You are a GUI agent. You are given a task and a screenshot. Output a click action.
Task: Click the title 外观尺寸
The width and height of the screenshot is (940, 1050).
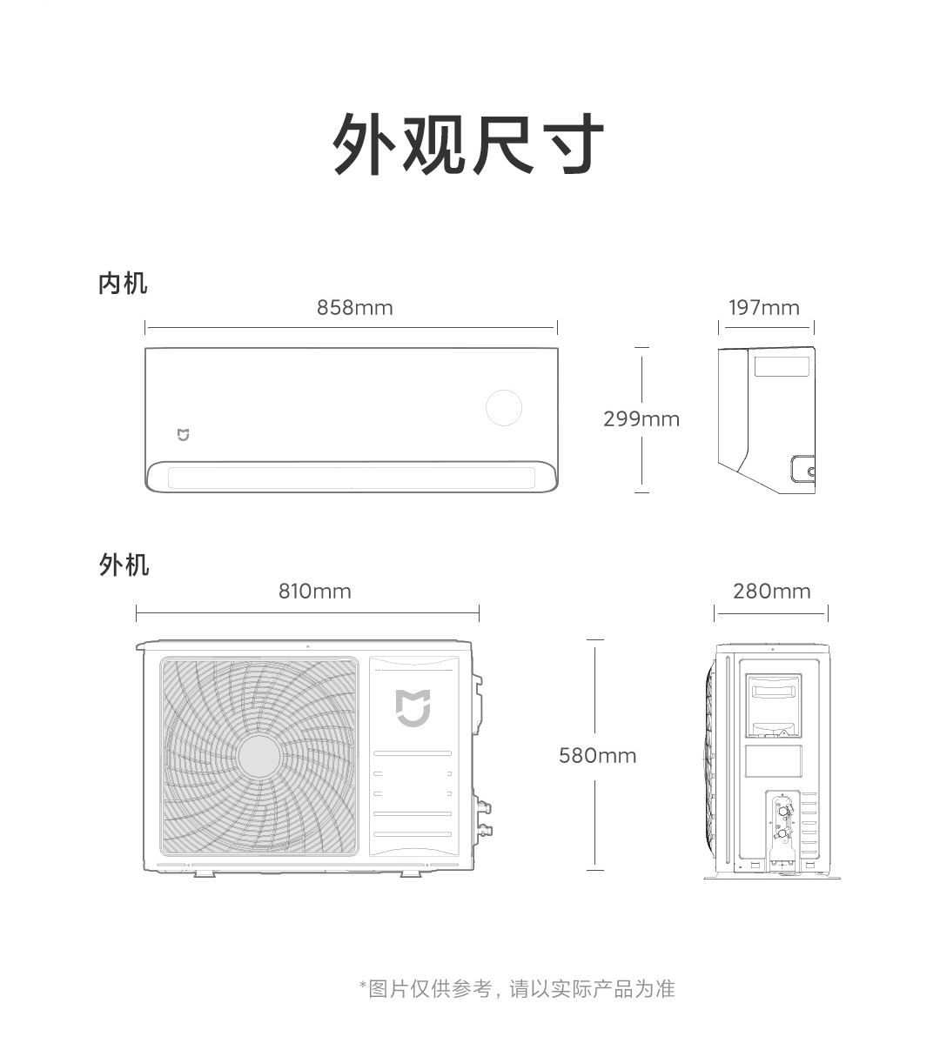468,144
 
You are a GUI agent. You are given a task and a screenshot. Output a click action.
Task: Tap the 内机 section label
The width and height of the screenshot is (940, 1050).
123,284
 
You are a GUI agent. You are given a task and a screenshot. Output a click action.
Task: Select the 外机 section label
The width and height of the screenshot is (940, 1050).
124,565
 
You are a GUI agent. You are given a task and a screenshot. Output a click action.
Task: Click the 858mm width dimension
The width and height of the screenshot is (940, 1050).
354,307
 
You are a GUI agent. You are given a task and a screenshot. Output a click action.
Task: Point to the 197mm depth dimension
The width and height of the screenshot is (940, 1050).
763,307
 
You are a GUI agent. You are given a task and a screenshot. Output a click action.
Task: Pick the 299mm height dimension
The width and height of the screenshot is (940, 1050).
641,418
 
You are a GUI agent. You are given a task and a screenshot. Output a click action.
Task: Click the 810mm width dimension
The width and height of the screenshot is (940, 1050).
315,591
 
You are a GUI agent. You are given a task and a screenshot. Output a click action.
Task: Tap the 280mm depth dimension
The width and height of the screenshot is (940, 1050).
771,591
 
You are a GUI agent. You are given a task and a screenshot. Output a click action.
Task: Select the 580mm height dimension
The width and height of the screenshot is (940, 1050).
597,756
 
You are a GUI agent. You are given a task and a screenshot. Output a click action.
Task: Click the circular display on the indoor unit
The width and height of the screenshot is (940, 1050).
503,408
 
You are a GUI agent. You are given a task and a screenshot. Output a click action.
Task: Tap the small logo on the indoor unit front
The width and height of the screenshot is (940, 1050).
183,435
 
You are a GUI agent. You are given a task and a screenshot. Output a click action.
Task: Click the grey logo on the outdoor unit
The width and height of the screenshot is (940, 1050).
413,707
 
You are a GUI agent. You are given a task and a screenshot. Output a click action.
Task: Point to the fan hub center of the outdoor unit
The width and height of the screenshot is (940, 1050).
258,757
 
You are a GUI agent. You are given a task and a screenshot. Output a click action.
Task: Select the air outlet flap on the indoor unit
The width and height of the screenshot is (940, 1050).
351,478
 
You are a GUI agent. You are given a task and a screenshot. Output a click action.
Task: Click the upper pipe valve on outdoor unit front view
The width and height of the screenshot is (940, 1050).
484,807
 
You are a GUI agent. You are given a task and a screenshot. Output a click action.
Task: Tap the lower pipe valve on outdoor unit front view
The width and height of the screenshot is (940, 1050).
484,831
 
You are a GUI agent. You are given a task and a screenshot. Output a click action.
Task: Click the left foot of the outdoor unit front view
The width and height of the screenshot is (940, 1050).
205,873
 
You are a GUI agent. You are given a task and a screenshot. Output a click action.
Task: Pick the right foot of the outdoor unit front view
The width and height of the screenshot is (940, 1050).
411,873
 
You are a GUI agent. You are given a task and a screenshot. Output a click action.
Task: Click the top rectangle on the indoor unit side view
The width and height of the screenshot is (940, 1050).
782,366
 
